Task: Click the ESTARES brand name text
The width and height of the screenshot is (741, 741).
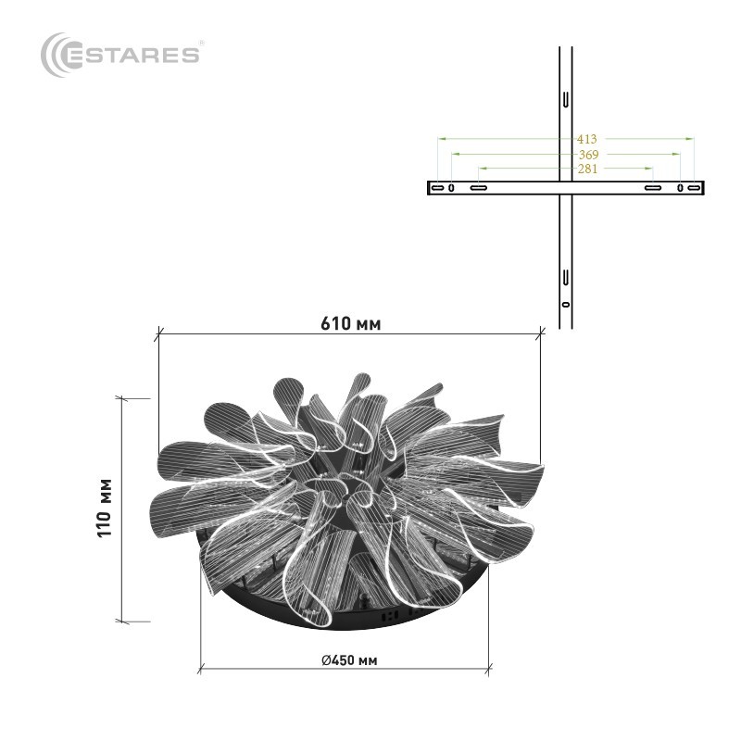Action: [x=131, y=55]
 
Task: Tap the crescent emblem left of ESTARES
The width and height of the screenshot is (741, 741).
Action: [x=52, y=55]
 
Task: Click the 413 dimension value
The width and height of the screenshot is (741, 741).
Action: [x=586, y=139]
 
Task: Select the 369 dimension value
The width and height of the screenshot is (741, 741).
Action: [x=588, y=155]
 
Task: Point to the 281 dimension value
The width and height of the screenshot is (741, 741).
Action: [x=587, y=169]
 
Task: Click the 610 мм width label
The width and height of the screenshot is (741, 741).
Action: [x=351, y=324]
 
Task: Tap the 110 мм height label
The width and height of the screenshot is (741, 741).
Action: [x=105, y=508]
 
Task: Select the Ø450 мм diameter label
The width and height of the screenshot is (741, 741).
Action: [x=349, y=659]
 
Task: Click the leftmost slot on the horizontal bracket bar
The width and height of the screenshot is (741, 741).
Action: [x=437, y=188]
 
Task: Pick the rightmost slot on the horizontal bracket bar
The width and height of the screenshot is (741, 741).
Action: [x=694, y=188]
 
